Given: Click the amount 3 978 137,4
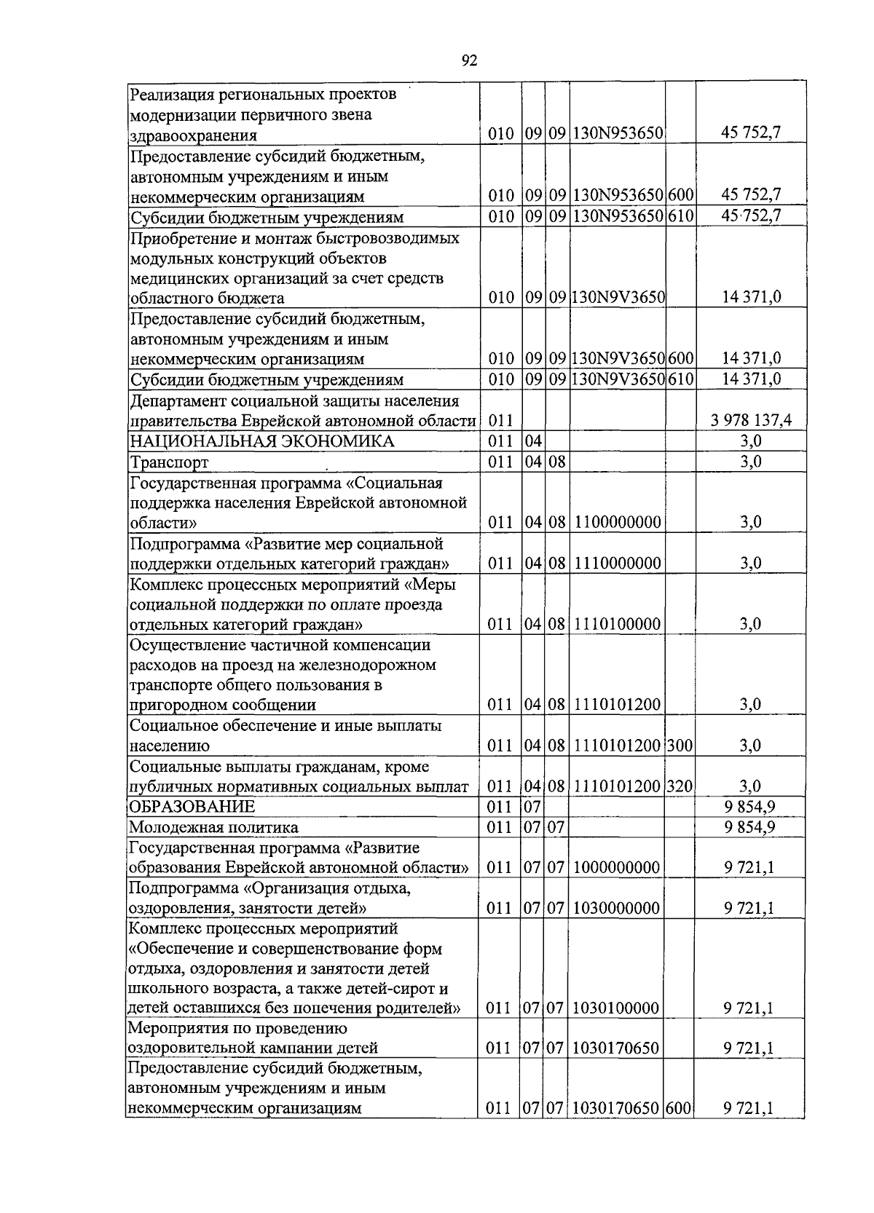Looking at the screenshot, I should (x=750, y=420).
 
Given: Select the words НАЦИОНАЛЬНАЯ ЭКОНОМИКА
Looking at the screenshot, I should (x=261, y=440).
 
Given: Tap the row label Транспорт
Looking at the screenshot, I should (x=168, y=462).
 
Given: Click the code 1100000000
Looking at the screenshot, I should (x=617, y=522).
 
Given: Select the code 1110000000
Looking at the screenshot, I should (x=617, y=563).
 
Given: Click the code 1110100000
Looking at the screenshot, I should (x=617, y=624).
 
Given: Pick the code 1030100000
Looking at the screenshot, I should (x=617, y=1008).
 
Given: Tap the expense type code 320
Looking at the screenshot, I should (x=680, y=786).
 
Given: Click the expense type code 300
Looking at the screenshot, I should (x=680, y=745).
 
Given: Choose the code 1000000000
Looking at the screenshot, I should (x=617, y=867).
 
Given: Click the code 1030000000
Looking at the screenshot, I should (x=617, y=908).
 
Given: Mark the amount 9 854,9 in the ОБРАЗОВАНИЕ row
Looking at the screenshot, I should (x=750, y=806).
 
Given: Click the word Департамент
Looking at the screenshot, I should (x=174, y=400).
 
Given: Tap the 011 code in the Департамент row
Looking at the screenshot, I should (x=500, y=420).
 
